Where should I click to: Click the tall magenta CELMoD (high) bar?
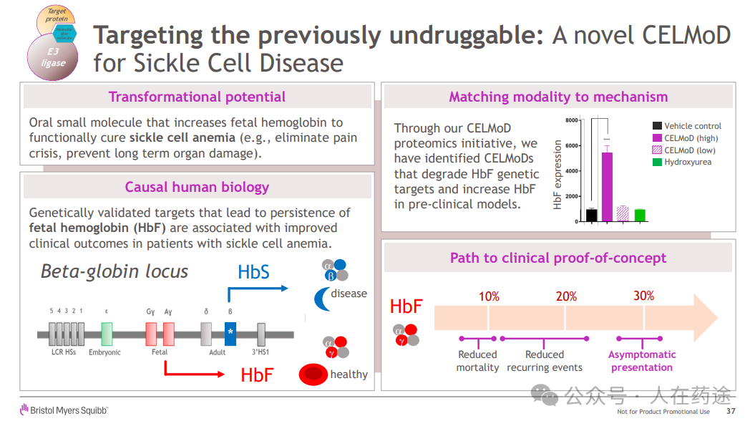607,187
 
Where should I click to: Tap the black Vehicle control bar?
592,215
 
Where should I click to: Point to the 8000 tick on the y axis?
572,120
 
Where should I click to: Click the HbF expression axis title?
558,174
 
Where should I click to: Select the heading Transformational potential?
197,97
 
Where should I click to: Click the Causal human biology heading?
197,187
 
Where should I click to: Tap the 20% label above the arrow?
566,296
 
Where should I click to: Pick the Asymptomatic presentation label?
642,361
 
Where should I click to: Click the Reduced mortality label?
477,361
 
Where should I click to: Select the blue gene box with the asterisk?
230,333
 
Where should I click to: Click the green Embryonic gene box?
107,334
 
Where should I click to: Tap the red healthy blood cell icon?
313,374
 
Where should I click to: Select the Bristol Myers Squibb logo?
64,410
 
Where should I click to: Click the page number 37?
731,412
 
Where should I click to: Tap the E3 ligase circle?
52,57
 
